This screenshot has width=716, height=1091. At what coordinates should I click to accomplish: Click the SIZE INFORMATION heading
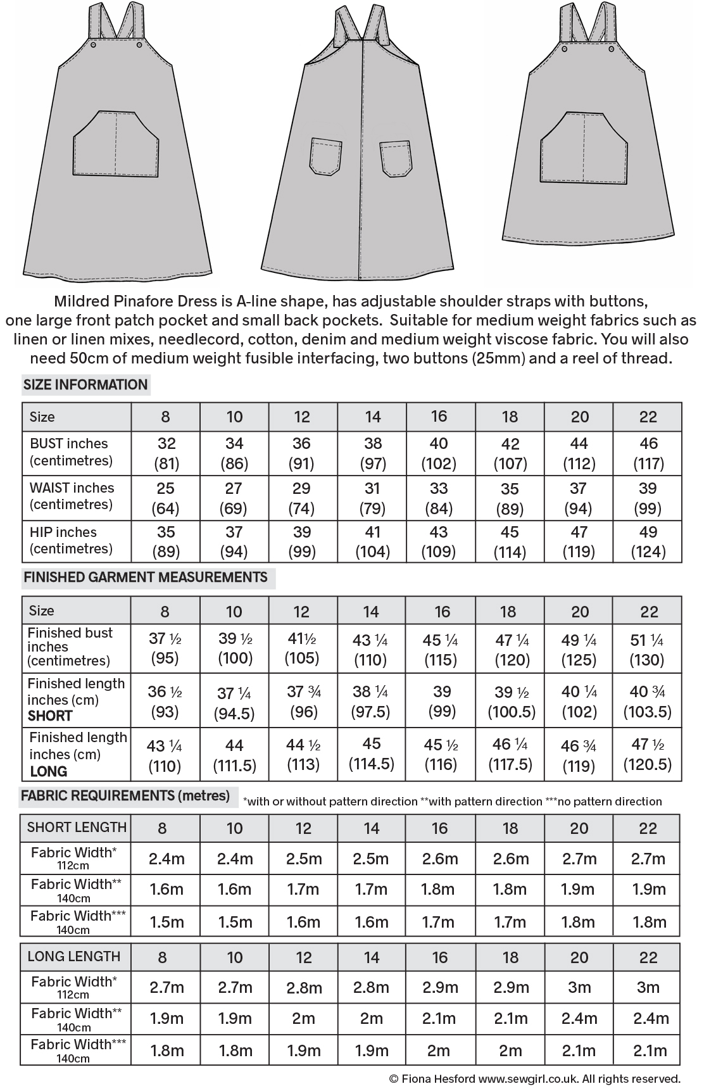(85, 385)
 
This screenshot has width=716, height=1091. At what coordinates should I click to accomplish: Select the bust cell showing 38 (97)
(373, 453)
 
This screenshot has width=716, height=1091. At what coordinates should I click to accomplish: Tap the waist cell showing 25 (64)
(166, 498)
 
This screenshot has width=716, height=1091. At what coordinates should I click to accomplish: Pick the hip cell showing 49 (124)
(648, 542)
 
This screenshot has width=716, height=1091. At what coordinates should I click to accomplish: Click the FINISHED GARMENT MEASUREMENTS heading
(146, 577)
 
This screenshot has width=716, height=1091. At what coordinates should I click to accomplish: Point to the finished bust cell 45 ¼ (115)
(441, 650)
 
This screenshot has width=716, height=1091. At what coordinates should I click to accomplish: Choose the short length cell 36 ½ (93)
(165, 701)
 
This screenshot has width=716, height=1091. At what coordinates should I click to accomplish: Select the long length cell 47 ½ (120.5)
(648, 754)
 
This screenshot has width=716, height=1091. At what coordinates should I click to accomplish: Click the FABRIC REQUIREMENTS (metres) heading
(125, 796)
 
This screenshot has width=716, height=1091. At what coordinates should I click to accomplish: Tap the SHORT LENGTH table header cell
(77, 828)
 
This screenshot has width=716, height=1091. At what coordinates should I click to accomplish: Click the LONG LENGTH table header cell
(74, 957)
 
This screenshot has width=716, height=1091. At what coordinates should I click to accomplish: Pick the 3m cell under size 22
(648, 987)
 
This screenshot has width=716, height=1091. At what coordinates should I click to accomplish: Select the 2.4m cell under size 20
(579, 1019)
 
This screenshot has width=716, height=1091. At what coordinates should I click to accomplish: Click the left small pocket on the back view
(326, 156)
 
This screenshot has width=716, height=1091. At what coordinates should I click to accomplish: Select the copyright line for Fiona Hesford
(534, 1078)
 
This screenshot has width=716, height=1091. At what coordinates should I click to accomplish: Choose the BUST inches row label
(69, 444)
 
